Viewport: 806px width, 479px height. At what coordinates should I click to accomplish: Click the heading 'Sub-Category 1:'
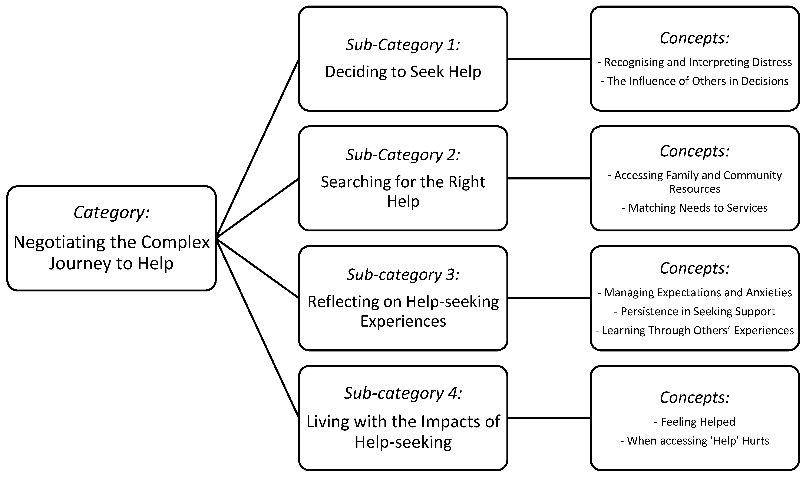click(403, 44)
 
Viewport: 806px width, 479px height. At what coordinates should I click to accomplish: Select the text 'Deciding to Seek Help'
click(403, 72)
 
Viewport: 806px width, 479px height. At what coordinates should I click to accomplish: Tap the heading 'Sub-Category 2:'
click(403, 155)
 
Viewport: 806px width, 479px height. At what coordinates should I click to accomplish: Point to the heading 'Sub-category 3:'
click(403, 275)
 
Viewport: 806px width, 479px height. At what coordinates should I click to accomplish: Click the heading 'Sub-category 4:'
click(403, 393)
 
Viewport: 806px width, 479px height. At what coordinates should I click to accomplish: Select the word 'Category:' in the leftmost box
click(111, 213)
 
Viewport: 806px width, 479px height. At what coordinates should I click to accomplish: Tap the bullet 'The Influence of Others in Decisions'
click(695, 81)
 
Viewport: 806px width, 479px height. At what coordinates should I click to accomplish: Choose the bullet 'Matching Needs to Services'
click(695, 208)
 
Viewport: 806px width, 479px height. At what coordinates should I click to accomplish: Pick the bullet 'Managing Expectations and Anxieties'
click(695, 293)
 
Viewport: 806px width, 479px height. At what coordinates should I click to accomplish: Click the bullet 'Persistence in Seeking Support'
click(695, 311)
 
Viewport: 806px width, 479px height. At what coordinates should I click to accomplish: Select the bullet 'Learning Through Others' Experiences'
click(695, 331)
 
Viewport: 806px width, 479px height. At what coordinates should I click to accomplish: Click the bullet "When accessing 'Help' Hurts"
click(695, 441)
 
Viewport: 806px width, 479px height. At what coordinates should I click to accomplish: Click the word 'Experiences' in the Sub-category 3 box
click(403, 321)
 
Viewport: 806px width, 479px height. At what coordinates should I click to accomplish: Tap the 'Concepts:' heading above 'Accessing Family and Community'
click(695, 151)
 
